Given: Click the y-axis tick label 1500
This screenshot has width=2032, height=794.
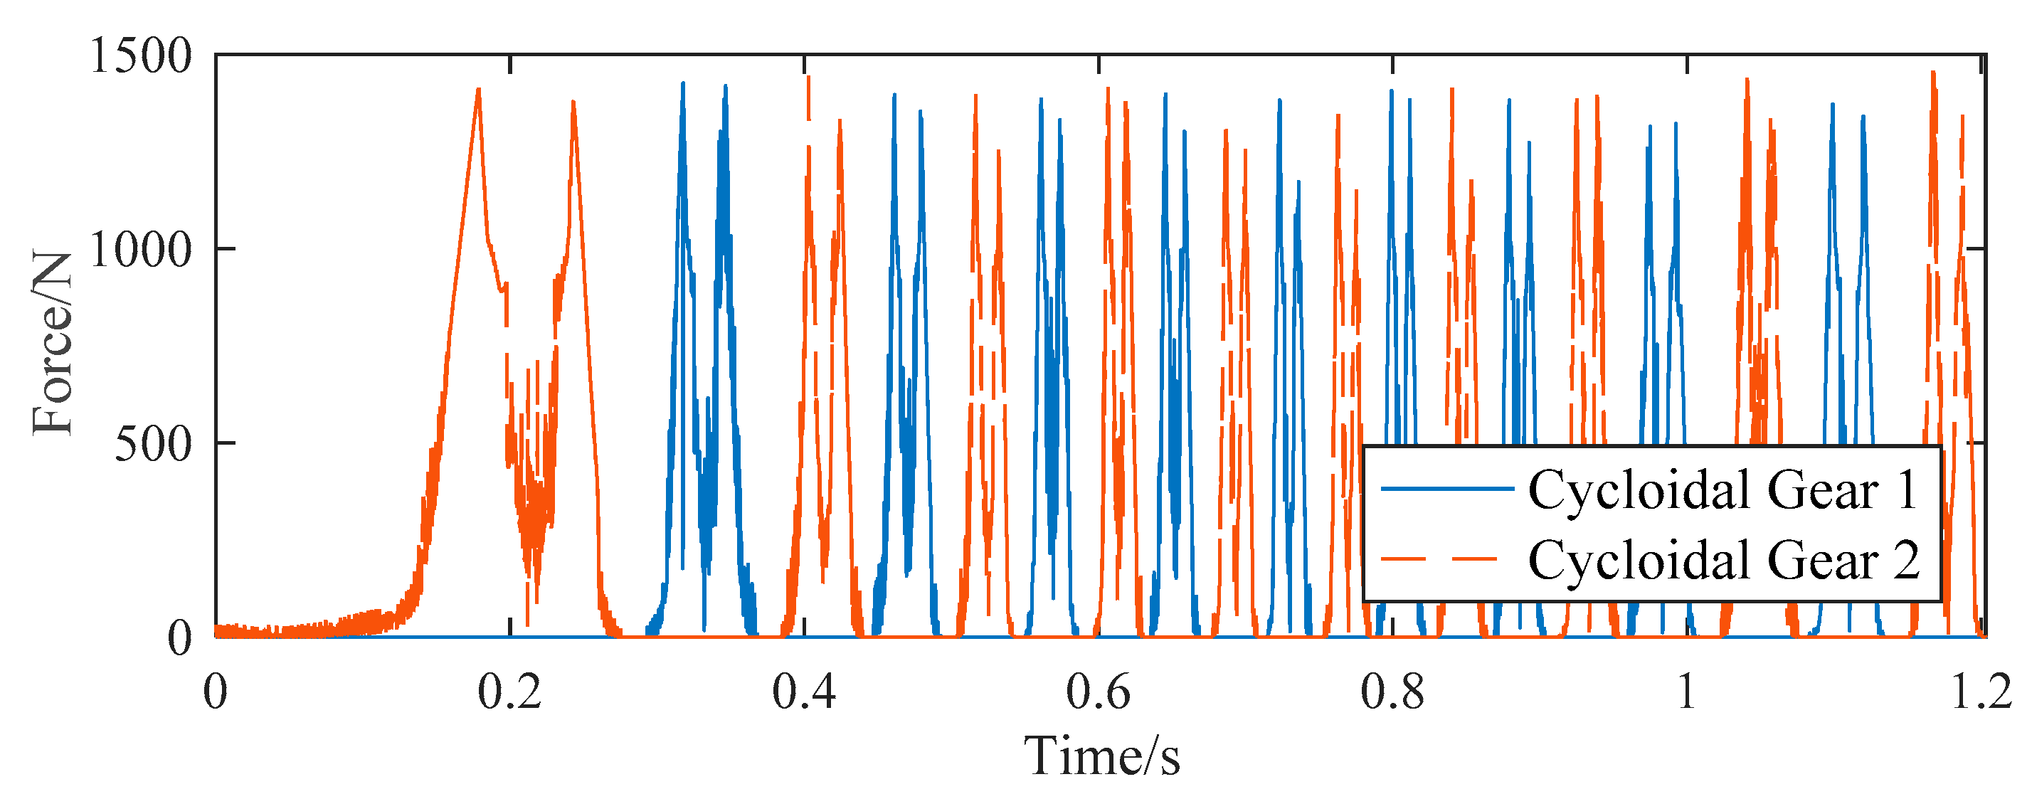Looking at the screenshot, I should click(x=141, y=57).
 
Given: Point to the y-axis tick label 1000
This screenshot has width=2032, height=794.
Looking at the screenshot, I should click(x=141, y=250).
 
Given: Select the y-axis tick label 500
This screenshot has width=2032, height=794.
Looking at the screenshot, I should click(x=154, y=444).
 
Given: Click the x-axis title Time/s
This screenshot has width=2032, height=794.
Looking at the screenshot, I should click(x=1102, y=756).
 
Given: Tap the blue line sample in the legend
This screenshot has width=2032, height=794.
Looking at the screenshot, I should click(x=1446, y=489).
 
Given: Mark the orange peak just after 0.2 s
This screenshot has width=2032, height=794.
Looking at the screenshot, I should click(x=573, y=103).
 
